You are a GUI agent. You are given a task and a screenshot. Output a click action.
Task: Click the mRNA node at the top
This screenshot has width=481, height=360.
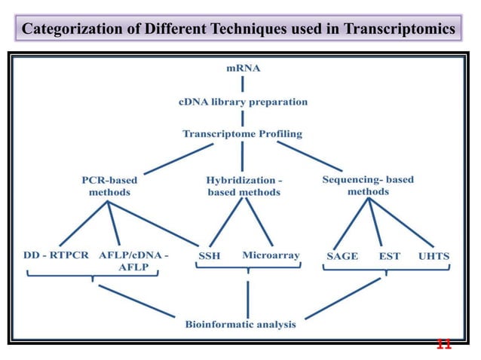coord(244,68)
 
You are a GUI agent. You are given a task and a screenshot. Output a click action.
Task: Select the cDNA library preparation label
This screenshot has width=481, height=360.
coord(242,101)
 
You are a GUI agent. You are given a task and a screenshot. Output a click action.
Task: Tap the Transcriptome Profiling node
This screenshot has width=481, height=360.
coord(242,134)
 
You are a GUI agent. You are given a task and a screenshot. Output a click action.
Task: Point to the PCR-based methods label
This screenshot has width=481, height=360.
coord(109,186)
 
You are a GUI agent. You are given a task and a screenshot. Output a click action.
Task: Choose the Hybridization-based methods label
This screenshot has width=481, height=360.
coord(244,186)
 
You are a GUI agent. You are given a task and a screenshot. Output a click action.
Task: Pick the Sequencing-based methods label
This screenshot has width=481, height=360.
coord(368,185)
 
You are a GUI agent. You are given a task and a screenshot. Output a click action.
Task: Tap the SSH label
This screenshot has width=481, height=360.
coord(209,256)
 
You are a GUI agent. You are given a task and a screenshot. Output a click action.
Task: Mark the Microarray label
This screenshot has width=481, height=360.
coord(271,256)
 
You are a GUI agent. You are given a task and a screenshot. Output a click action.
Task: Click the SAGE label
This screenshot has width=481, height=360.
coord(342,256)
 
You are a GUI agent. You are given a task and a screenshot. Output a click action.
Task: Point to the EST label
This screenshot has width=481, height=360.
coord(389,256)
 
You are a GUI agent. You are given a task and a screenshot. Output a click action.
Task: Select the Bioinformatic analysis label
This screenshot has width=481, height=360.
coord(240,325)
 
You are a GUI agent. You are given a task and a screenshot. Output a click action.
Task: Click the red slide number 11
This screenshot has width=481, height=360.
coord(444,345)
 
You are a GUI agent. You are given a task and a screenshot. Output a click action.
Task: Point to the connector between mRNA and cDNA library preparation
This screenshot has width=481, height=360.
coord(243,84)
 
